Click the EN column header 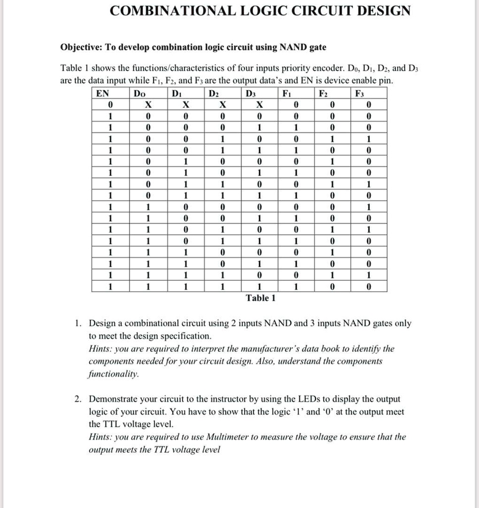click(x=102, y=93)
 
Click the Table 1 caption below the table click(x=261, y=298)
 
